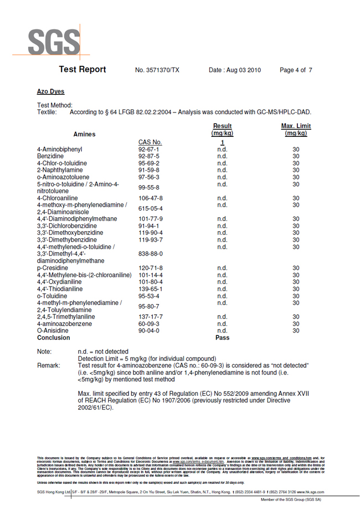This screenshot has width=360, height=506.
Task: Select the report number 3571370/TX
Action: pyautogui.click(x=157, y=70)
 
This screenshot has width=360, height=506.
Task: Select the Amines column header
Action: pyautogui.click(x=84, y=134)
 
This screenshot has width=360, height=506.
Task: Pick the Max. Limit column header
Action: pyautogui.click(x=296, y=130)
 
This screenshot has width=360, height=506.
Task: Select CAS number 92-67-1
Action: pyautogui.click(x=149, y=150)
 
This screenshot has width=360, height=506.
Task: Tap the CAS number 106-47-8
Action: pyautogui.click(x=151, y=198)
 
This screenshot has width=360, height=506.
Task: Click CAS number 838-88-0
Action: pyautogui.click(x=149, y=254)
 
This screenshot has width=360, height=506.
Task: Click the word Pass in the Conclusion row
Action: pyautogui.click(x=222, y=338)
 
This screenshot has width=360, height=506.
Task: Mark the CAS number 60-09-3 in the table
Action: pyautogui.click(x=149, y=324)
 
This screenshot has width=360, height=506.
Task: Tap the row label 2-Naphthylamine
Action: pyautogui.click(x=58, y=170)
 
